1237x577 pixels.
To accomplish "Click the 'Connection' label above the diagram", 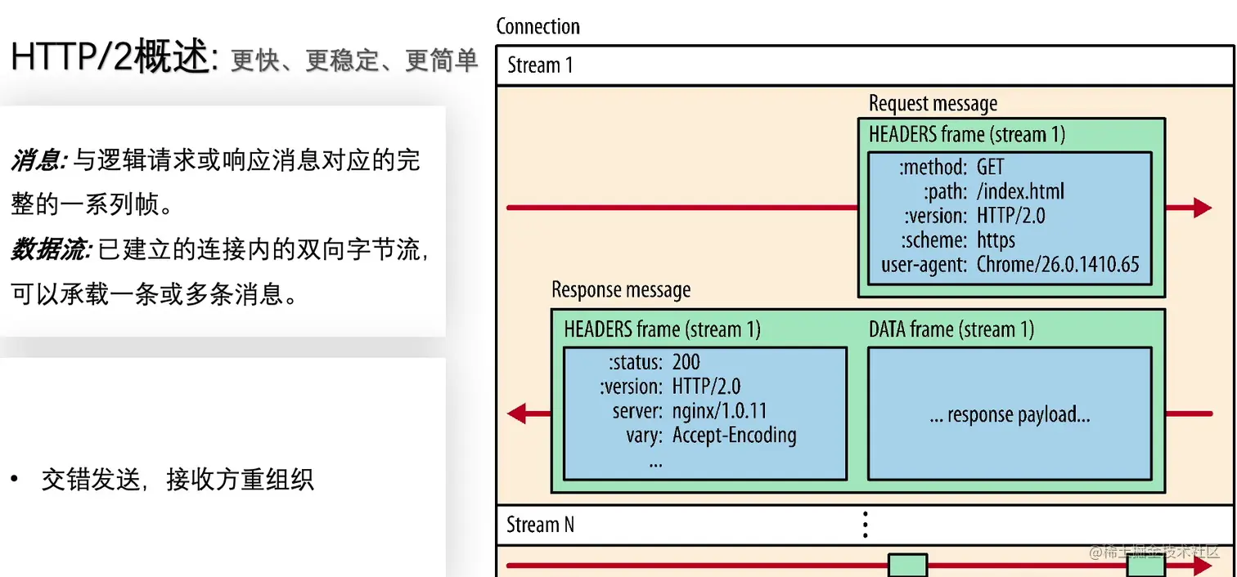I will tap(538, 26).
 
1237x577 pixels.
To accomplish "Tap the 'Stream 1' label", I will tap(540, 65).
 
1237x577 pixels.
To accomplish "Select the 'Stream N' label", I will tap(540, 525).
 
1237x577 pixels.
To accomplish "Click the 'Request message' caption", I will tap(933, 104).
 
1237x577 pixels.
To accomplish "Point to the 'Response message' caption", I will tap(621, 290).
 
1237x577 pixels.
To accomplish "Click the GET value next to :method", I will tap(990, 168).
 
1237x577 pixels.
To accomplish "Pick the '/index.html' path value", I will tap(1020, 192).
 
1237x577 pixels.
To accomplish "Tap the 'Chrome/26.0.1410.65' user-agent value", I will tap(1058, 264).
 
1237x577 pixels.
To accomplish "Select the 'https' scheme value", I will tap(996, 240).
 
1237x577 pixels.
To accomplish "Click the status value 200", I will tap(686, 362).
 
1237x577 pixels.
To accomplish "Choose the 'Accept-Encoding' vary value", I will tap(734, 435).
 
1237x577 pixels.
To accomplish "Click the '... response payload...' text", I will tap(1010, 415).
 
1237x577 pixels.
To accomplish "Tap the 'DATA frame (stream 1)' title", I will tap(951, 329).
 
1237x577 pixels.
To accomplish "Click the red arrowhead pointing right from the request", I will tap(1201, 208).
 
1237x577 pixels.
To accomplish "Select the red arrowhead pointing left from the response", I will tap(518, 414).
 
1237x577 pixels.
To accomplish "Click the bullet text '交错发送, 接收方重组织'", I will tap(178, 479).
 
